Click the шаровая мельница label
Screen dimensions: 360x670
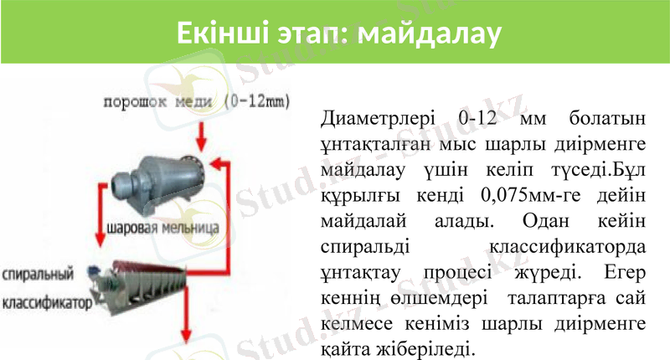click(x=163, y=228)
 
